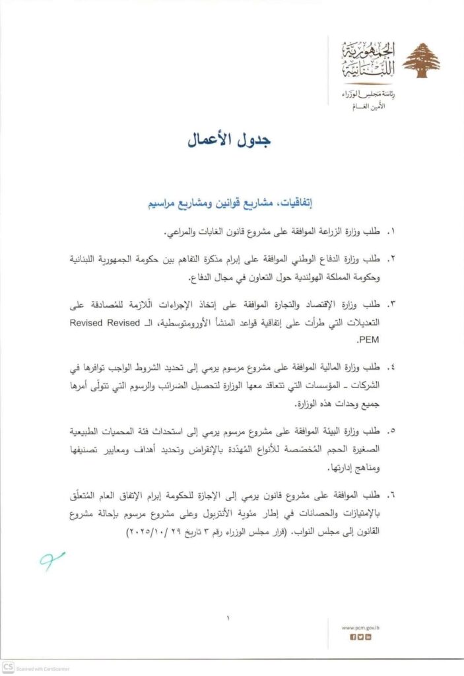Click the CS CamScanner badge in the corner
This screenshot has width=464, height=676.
tap(8, 668)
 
